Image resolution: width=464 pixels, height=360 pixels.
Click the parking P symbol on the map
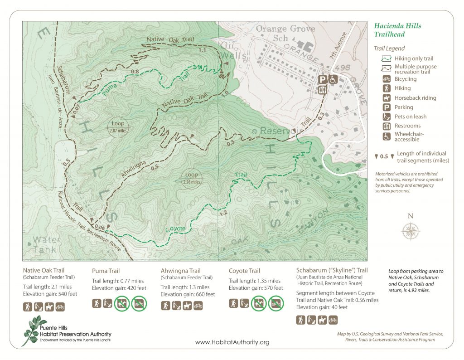point(323,79)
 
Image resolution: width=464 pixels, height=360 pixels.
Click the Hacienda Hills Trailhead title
point(397,30)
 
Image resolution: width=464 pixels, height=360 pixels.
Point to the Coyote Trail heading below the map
point(245,271)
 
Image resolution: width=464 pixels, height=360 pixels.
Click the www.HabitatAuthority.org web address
point(232,342)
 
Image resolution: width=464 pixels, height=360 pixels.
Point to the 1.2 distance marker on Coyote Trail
point(222,213)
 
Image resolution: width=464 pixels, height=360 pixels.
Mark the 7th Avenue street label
point(341,46)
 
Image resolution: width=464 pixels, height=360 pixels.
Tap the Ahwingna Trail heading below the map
point(180,271)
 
